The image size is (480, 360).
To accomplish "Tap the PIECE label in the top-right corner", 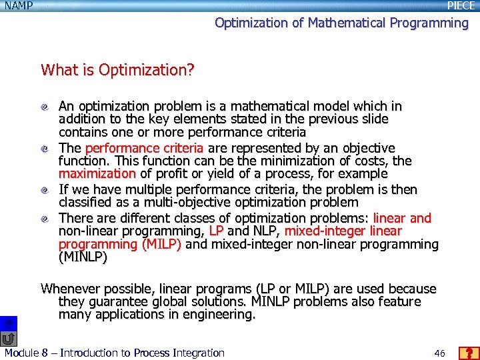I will click(461, 6).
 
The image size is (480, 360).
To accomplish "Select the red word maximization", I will click(97, 174).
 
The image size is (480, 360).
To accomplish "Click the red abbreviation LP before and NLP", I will click(216, 231).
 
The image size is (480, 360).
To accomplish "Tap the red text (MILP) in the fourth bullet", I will click(161, 245).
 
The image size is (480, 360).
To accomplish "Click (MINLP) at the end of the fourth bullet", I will click(83, 257).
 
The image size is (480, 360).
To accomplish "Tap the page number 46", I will click(439, 353).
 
